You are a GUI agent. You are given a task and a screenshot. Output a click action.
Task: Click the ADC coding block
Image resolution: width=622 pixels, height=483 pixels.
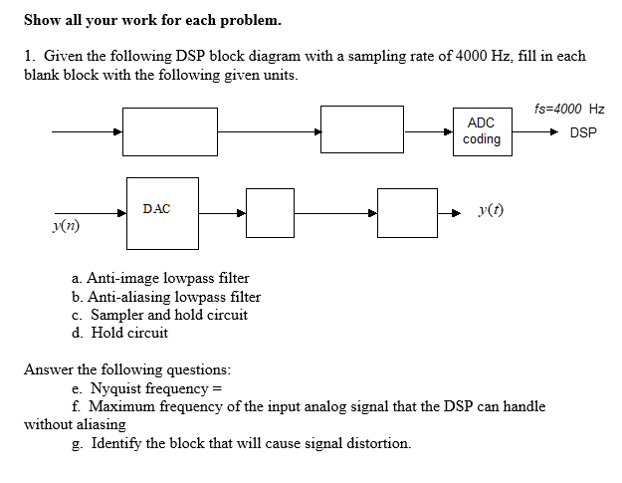(x=482, y=130)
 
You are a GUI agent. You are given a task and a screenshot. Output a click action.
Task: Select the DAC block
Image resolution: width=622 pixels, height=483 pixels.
(x=162, y=212)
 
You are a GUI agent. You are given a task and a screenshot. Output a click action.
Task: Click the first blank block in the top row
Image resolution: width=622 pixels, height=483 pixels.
(x=171, y=130)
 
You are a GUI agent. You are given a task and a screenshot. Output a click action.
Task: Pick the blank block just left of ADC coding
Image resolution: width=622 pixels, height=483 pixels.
(x=361, y=130)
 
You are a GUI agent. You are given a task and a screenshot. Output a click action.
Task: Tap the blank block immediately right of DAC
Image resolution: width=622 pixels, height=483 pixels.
(x=270, y=212)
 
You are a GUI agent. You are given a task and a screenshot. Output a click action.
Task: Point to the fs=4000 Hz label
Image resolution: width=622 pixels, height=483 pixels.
(x=568, y=109)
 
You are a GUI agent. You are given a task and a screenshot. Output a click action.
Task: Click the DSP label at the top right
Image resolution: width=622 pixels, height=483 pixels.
(x=583, y=131)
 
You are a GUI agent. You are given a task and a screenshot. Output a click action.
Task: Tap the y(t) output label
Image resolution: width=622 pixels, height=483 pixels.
(x=490, y=210)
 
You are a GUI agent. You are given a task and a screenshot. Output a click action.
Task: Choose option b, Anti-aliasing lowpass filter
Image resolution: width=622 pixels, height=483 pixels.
(x=166, y=296)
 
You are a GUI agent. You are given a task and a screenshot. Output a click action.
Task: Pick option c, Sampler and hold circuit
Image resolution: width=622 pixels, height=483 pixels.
(x=160, y=315)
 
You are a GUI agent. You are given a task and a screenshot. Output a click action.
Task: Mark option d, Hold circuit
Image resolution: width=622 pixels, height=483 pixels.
(x=120, y=333)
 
